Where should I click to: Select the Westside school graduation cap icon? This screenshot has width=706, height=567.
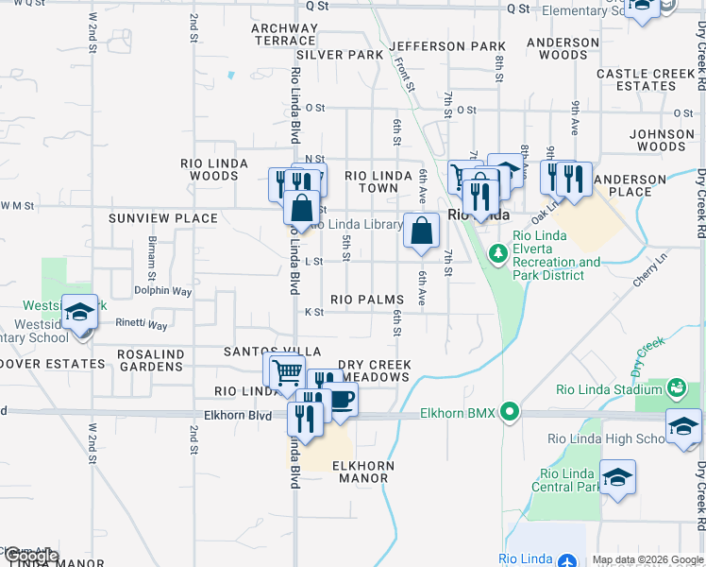point(80,311)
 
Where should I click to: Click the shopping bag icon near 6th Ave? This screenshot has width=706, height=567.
point(422,230)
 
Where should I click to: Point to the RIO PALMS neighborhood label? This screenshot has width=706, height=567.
point(367,300)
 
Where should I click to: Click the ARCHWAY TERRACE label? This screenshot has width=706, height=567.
point(283,34)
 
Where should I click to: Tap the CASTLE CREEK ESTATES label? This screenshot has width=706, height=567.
point(646,79)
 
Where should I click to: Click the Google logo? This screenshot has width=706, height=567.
point(30,556)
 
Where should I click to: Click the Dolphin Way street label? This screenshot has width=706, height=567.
point(162,292)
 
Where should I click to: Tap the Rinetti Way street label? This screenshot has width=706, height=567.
point(142,325)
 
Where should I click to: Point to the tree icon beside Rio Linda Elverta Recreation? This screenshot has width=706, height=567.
point(497,254)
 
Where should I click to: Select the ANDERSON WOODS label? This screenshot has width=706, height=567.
point(556,49)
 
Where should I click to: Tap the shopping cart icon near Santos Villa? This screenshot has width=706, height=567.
point(287,370)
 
